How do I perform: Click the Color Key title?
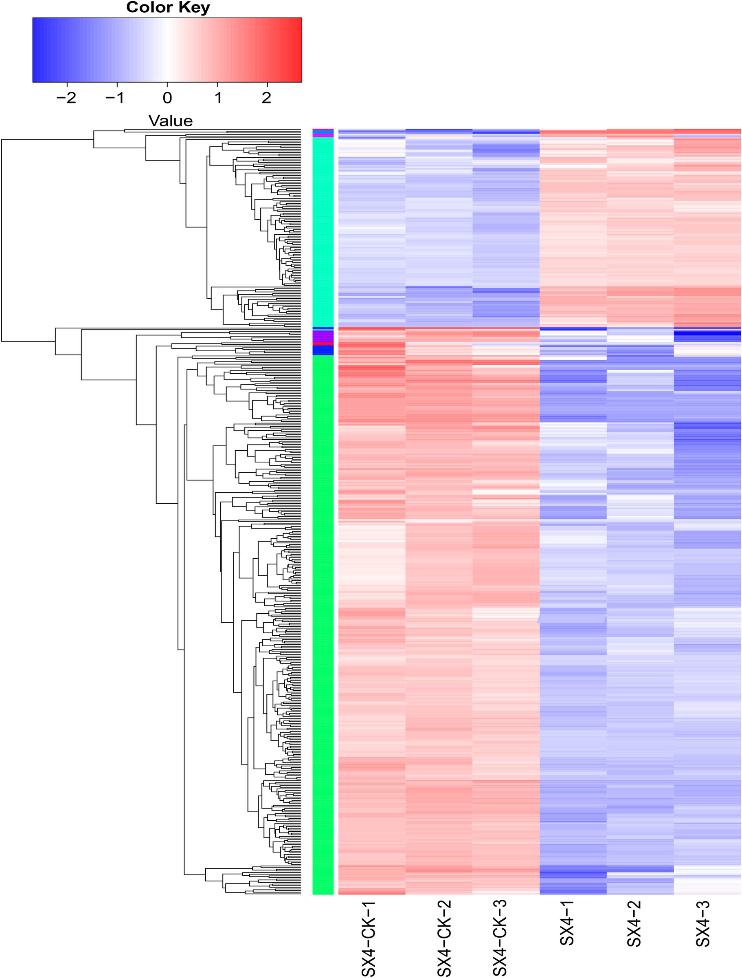[x=168, y=7]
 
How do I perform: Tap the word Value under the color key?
[x=170, y=121]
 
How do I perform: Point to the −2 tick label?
[x=66, y=98]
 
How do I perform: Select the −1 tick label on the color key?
[x=115, y=98]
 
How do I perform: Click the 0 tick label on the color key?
[x=167, y=98]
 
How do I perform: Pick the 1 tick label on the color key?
[x=218, y=98]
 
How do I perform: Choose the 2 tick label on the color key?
[x=266, y=98]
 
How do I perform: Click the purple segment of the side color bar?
[x=323, y=336]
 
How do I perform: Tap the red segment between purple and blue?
[x=323, y=344]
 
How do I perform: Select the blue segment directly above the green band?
[x=323, y=350]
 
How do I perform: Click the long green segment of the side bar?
[x=323, y=619]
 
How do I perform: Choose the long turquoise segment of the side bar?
[x=323, y=232]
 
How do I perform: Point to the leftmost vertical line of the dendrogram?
[x=2, y=240]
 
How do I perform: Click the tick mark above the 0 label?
[x=167, y=85]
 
